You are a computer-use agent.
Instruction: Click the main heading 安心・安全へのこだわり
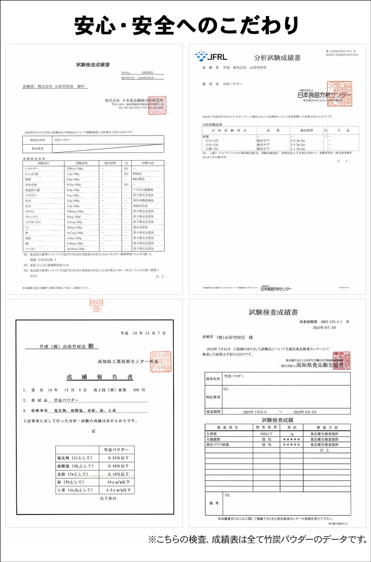coord(186,25)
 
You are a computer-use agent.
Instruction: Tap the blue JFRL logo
coord(211,56)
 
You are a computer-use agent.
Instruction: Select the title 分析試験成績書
coord(277,58)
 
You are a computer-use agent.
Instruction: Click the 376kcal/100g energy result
coord(75,169)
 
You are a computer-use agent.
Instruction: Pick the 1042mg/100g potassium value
coord(75,211)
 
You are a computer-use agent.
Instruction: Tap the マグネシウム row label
coord(33,222)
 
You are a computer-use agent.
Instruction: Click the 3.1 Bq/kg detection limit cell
coord(298,149)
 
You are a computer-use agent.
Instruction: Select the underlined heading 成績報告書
coord(99,377)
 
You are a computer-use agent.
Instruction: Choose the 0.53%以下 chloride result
coord(118,458)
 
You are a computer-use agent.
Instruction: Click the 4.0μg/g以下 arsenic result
coord(118,490)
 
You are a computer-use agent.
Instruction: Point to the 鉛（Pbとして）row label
coord(71,482)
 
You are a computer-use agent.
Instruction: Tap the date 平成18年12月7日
coord(143,333)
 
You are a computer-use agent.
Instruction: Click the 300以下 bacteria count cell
coord(266,434)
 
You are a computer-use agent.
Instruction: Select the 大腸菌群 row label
coord(213,439)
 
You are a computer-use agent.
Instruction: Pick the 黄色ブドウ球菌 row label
coord(217,445)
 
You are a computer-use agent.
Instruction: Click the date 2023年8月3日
coord(324,328)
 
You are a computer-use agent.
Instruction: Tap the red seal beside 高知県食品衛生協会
coord(341,361)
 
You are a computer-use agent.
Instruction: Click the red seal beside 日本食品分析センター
coord(339,94)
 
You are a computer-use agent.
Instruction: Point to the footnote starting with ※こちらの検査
coord(258,540)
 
